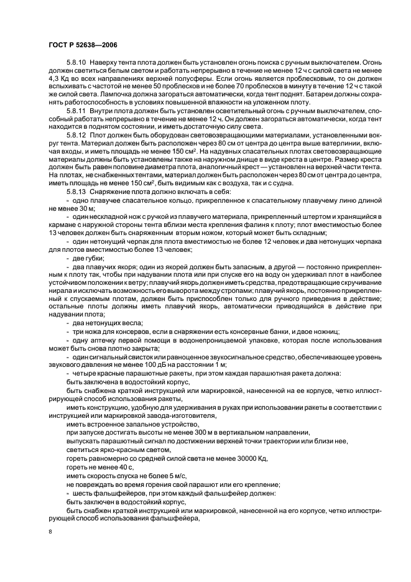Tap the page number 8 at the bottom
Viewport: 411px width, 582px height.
pos(51,532)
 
